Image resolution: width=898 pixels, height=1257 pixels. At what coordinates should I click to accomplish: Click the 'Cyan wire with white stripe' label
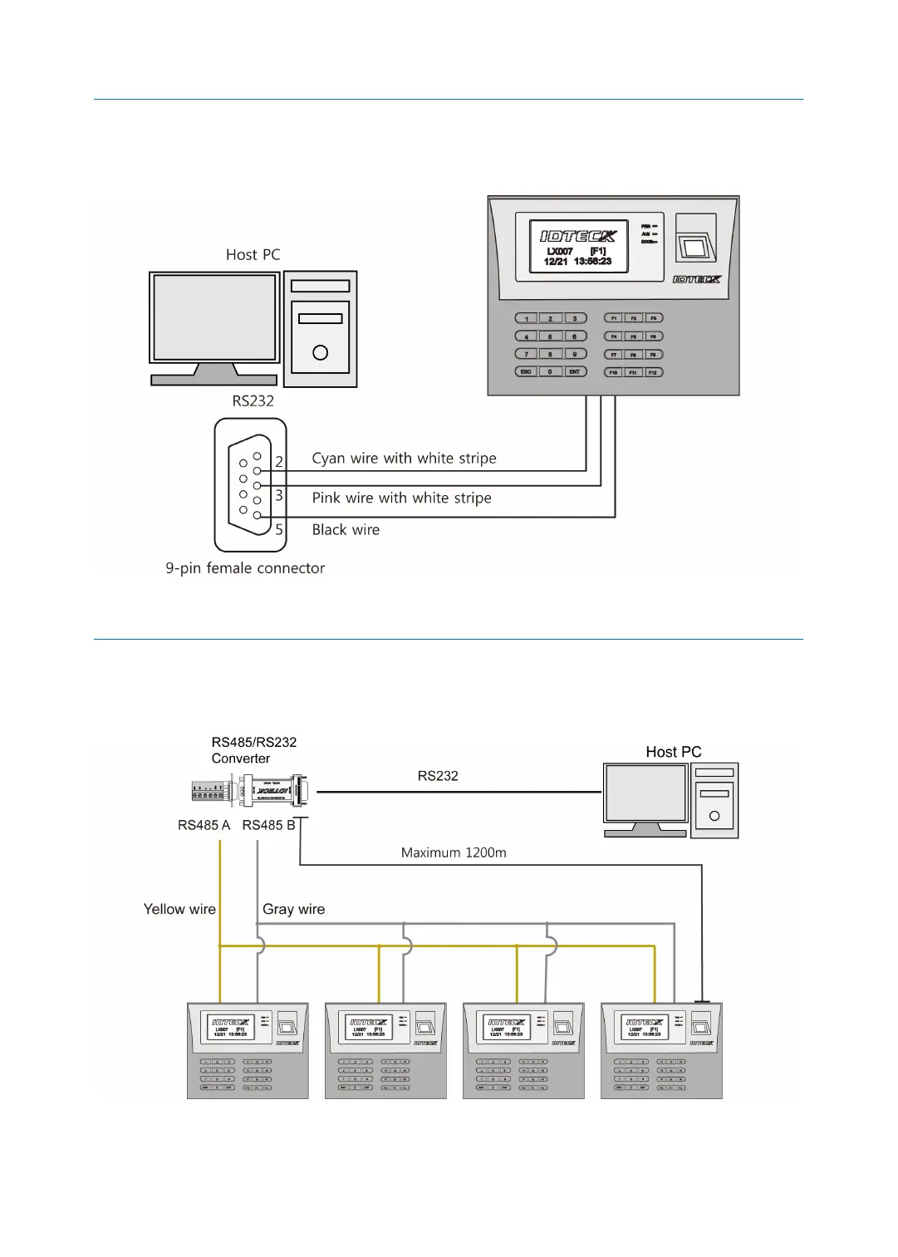tap(404, 459)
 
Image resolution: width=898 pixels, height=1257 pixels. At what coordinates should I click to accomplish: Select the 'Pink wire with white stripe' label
tap(401, 498)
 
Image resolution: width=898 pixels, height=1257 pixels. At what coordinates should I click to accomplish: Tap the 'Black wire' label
tap(346, 530)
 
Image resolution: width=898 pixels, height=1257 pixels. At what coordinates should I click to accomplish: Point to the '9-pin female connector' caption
tap(245, 568)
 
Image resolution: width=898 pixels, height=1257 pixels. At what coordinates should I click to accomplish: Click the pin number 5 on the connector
tap(279, 530)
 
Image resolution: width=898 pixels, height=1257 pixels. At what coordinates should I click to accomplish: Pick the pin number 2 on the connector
tap(279, 462)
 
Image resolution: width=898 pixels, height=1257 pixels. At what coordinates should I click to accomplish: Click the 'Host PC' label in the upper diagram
tap(253, 255)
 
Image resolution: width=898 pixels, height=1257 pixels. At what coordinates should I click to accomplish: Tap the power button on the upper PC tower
tap(320, 353)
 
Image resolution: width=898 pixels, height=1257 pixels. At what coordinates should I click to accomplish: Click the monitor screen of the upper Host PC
tap(214, 317)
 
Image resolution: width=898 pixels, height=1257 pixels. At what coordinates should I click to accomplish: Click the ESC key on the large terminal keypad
tap(526, 372)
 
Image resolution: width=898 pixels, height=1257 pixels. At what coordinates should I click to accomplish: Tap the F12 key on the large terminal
tap(653, 372)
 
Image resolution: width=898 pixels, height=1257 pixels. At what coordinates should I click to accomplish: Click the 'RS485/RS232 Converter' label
tap(253, 750)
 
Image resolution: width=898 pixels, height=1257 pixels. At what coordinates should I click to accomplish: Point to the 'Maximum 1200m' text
tap(454, 853)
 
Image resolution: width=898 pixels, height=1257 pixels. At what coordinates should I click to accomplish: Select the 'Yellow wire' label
tap(179, 910)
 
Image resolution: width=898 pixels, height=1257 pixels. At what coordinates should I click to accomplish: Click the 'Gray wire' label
tap(293, 910)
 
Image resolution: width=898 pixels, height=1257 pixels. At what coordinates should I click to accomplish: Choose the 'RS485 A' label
tap(204, 826)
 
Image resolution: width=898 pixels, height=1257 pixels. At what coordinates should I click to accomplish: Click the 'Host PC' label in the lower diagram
tap(674, 752)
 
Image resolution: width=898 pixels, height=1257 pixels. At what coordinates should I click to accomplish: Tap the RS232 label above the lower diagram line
tap(438, 776)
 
